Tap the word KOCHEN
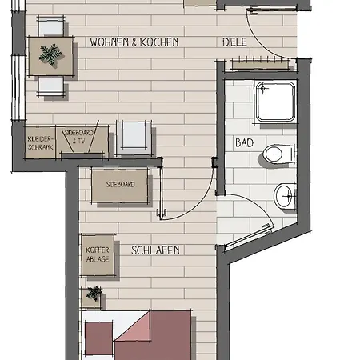[159, 41]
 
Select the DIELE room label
[234, 41]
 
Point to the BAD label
[244, 142]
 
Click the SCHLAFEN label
[155, 250]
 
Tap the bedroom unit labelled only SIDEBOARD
[120, 185]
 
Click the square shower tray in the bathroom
[275, 102]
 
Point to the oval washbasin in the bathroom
[284, 194]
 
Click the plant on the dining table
[52, 55]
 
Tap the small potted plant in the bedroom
[94, 294]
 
